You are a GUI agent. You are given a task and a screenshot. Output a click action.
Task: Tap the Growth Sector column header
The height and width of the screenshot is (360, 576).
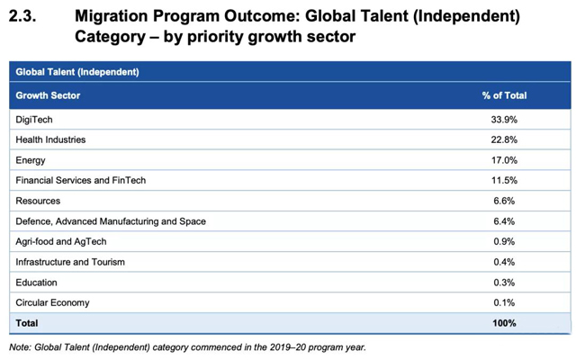click(x=48, y=94)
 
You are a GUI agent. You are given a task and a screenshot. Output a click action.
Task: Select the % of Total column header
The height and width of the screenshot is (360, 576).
click(x=504, y=94)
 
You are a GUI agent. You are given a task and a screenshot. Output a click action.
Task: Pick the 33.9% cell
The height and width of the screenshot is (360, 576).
click(x=504, y=119)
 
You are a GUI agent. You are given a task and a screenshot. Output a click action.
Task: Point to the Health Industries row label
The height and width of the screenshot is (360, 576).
click(x=50, y=139)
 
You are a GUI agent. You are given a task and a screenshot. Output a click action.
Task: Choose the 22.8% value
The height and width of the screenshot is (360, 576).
click(x=504, y=139)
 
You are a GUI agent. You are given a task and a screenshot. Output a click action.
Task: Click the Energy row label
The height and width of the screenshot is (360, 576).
click(x=31, y=160)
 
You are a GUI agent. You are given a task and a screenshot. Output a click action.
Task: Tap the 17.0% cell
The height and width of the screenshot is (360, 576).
click(x=504, y=160)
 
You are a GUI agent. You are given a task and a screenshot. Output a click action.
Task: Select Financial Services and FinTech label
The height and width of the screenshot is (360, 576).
click(x=80, y=180)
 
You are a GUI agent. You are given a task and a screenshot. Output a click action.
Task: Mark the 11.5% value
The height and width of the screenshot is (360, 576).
click(x=504, y=180)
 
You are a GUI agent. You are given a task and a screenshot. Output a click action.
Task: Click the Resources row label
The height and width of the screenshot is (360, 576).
click(x=38, y=201)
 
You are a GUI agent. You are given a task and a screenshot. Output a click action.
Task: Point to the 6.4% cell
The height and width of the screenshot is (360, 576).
click(x=504, y=221)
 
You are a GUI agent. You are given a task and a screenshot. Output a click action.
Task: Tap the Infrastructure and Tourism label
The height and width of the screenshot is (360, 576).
click(x=70, y=262)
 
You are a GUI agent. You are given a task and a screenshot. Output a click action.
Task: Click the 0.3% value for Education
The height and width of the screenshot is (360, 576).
click(x=504, y=283)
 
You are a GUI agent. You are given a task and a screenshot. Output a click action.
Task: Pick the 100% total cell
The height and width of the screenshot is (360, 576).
click(x=504, y=322)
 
